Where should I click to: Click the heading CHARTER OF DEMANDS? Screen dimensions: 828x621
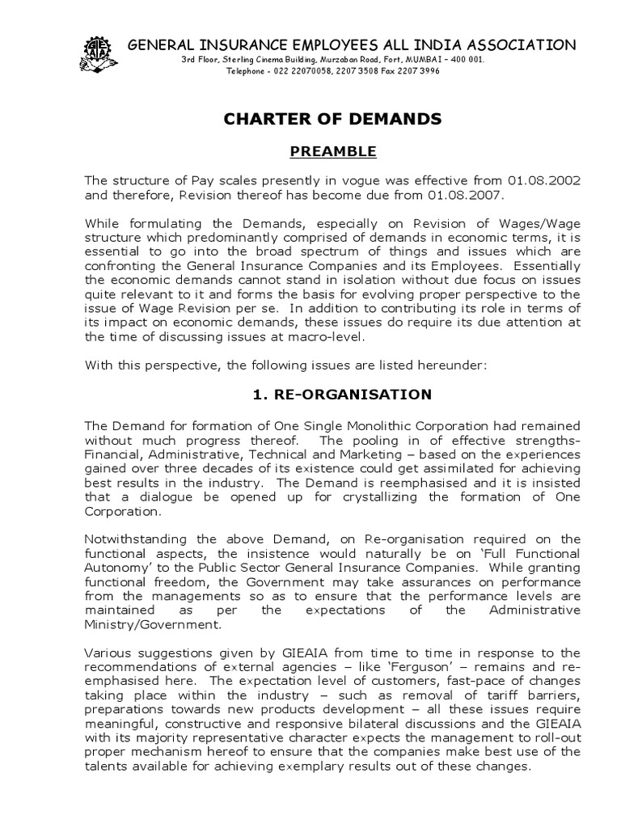pyautogui.click(x=332, y=120)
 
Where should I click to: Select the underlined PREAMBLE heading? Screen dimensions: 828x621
pyautogui.click(x=332, y=151)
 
